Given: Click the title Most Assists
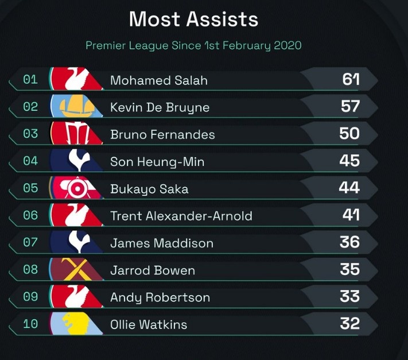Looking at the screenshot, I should coord(193,20).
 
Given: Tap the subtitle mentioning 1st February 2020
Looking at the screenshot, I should coord(193,45).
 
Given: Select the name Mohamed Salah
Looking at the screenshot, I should coord(159,80).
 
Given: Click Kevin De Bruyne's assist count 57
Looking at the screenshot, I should coord(349,106).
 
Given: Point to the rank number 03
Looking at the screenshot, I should coord(30,134).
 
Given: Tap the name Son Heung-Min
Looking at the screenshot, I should coord(157,162).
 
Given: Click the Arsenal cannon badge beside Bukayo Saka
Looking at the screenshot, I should coord(77,188).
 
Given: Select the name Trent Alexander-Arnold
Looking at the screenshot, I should coord(181,216).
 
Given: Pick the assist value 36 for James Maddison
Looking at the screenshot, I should coord(349,242).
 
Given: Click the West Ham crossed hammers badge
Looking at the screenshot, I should coord(77,269).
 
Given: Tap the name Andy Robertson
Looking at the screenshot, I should coord(160,297).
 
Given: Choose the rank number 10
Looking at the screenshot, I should coord(30,324).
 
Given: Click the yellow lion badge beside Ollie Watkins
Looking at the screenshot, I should coord(77,324).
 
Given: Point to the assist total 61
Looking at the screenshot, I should coord(351,79).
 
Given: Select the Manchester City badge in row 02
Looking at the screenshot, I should coord(77,107).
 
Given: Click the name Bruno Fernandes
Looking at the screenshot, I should coord(162,135).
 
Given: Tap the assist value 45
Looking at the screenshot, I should coord(349,161).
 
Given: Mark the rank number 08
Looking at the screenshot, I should coord(30,269).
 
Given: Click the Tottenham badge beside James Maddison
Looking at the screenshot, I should coord(77,242).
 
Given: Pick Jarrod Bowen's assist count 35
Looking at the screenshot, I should coord(349,269).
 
